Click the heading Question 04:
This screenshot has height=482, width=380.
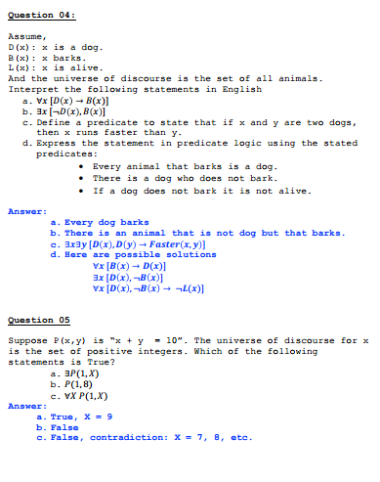[41, 17]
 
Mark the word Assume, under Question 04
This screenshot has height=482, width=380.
[24, 36]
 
